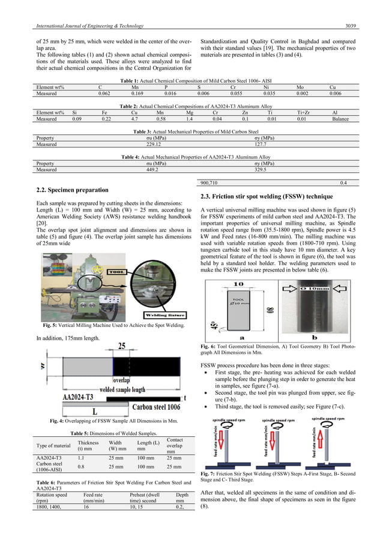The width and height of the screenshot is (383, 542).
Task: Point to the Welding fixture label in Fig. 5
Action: (151, 314)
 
